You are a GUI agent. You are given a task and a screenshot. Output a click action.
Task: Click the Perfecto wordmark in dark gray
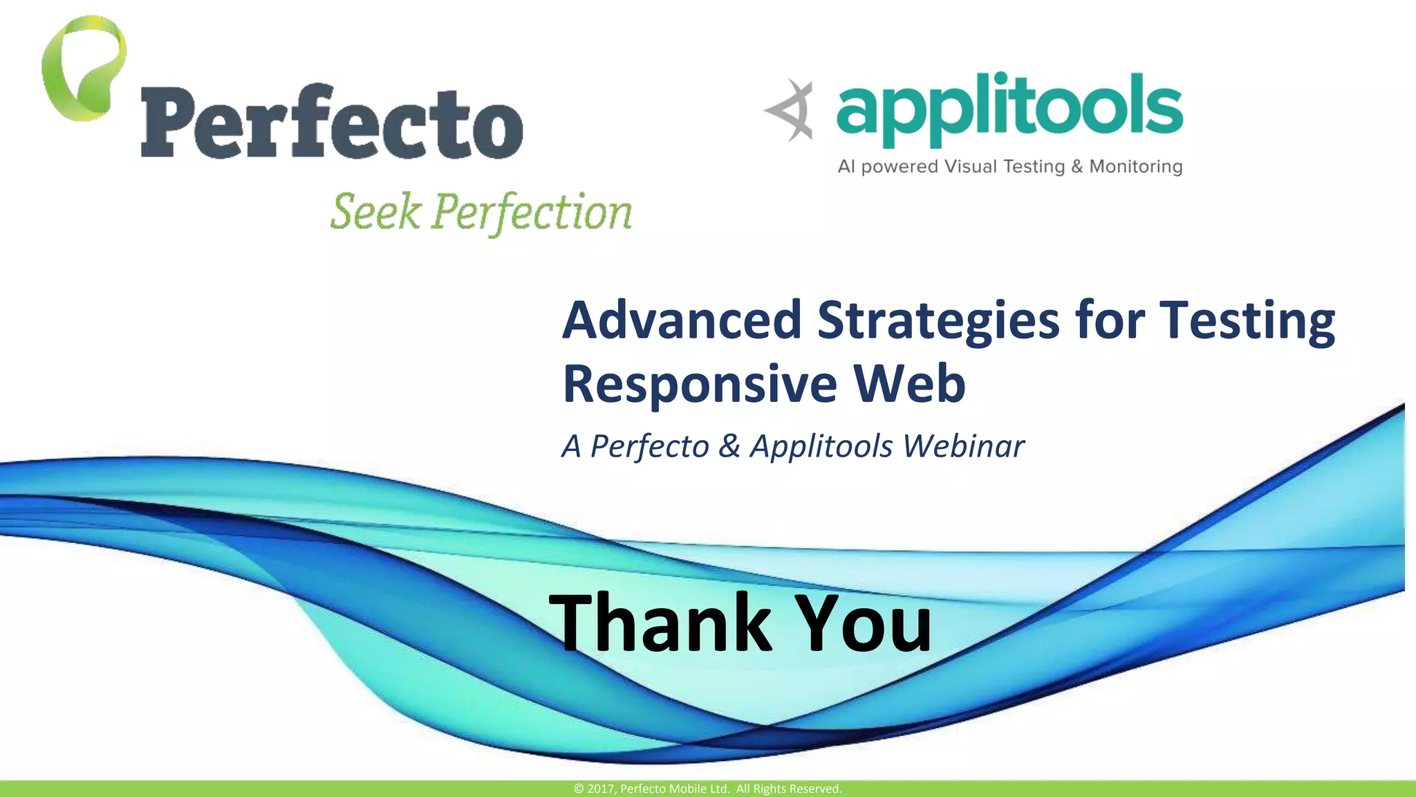[332, 123]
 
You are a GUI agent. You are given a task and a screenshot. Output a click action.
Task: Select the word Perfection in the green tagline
[532, 212]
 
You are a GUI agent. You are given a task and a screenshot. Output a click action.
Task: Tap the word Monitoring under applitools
[1135, 167]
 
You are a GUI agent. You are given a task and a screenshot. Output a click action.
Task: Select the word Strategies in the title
[938, 322]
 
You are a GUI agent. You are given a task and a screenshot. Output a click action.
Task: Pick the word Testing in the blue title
[1247, 322]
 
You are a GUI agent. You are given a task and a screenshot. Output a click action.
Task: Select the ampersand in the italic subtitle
[729, 446]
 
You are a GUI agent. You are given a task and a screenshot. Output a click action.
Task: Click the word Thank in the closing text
[660, 623]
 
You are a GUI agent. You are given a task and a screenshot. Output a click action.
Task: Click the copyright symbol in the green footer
[579, 789]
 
